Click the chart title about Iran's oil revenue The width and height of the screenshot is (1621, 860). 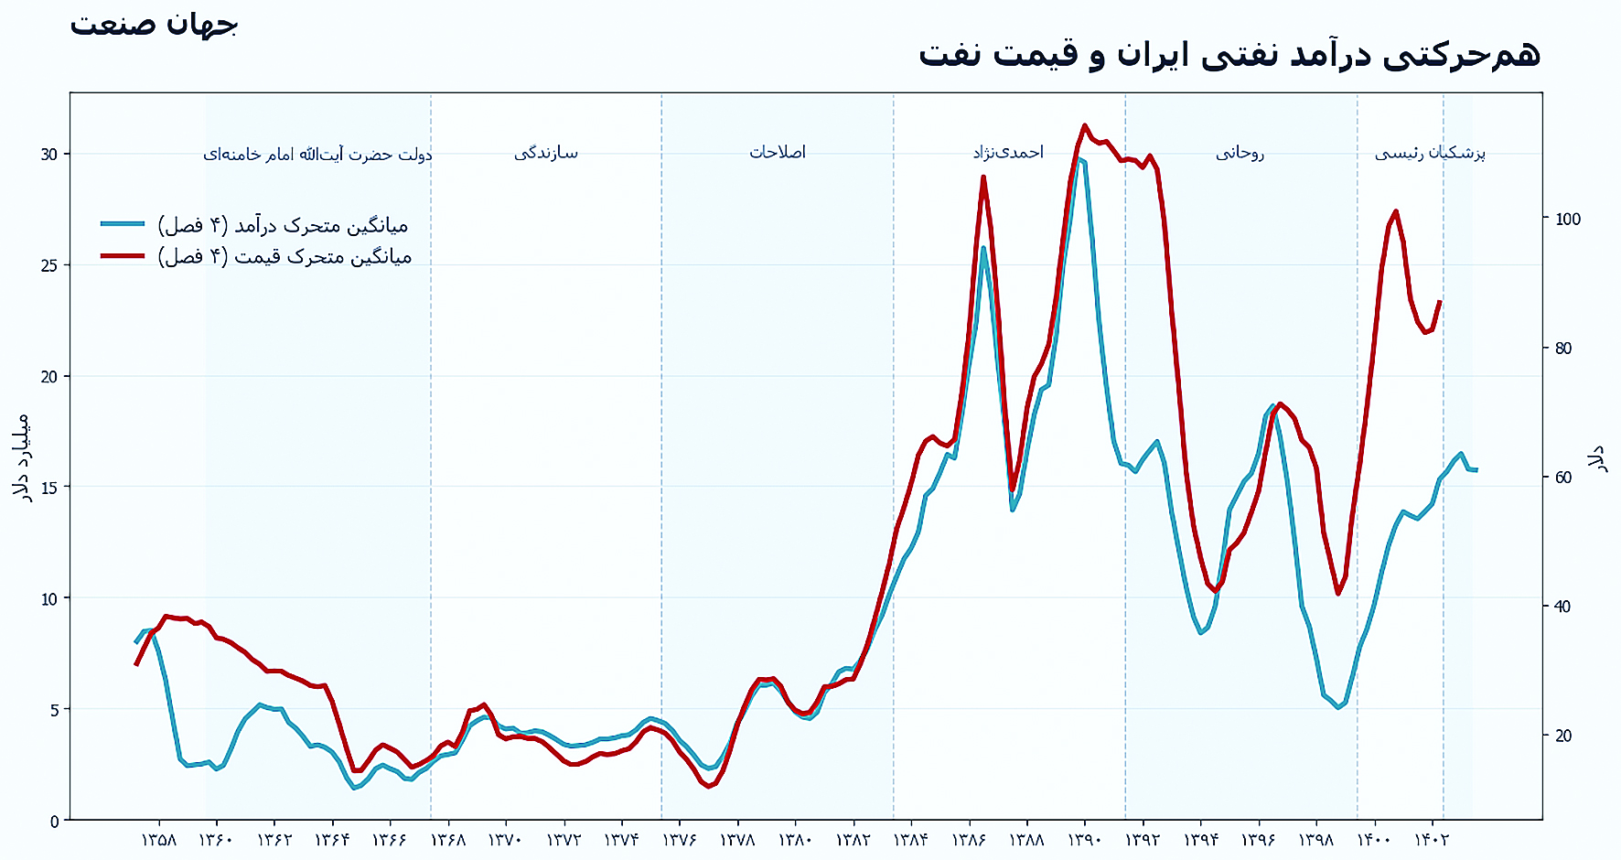tap(1229, 54)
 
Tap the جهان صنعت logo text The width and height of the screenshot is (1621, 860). tap(154, 25)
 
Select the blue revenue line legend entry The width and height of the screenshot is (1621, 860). tap(256, 224)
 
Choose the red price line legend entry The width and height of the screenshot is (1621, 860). tap(256, 256)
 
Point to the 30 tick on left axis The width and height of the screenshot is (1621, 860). tap(48, 154)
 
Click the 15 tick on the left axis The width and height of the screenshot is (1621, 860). tap(48, 487)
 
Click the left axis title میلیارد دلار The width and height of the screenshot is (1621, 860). tap(22, 457)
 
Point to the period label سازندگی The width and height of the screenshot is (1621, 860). tap(546, 153)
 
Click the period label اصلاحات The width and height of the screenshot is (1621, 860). tap(778, 152)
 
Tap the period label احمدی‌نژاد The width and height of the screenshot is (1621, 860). tap(1008, 152)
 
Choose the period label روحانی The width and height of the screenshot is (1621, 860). tap(1240, 153)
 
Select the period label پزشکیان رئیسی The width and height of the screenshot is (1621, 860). tap(1430, 153)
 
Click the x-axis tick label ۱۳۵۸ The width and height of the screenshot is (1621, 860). tap(159, 840)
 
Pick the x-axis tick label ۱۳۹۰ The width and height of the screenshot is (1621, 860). tap(1085, 840)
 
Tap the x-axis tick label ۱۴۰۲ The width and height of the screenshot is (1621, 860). tap(1432, 840)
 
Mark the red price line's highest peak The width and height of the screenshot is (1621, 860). tap(1084, 125)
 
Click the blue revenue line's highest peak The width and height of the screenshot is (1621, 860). tap(1080, 160)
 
